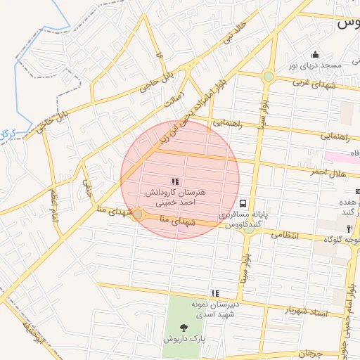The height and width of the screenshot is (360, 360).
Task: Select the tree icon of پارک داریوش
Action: (x=184, y=328)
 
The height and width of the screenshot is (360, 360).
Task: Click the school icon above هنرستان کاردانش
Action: (x=174, y=181)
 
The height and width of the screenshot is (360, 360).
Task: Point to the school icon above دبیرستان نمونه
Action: (x=214, y=293)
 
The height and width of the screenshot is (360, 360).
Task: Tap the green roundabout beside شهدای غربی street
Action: (x=269, y=76)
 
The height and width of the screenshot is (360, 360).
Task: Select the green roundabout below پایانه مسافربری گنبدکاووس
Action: (x=249, y=230)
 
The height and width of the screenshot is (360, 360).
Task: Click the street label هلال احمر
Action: (x=326, y=172)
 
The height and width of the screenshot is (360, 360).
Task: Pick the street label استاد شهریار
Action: (x=307, y=309)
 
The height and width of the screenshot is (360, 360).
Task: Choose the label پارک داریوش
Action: (x=184, y=339)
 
